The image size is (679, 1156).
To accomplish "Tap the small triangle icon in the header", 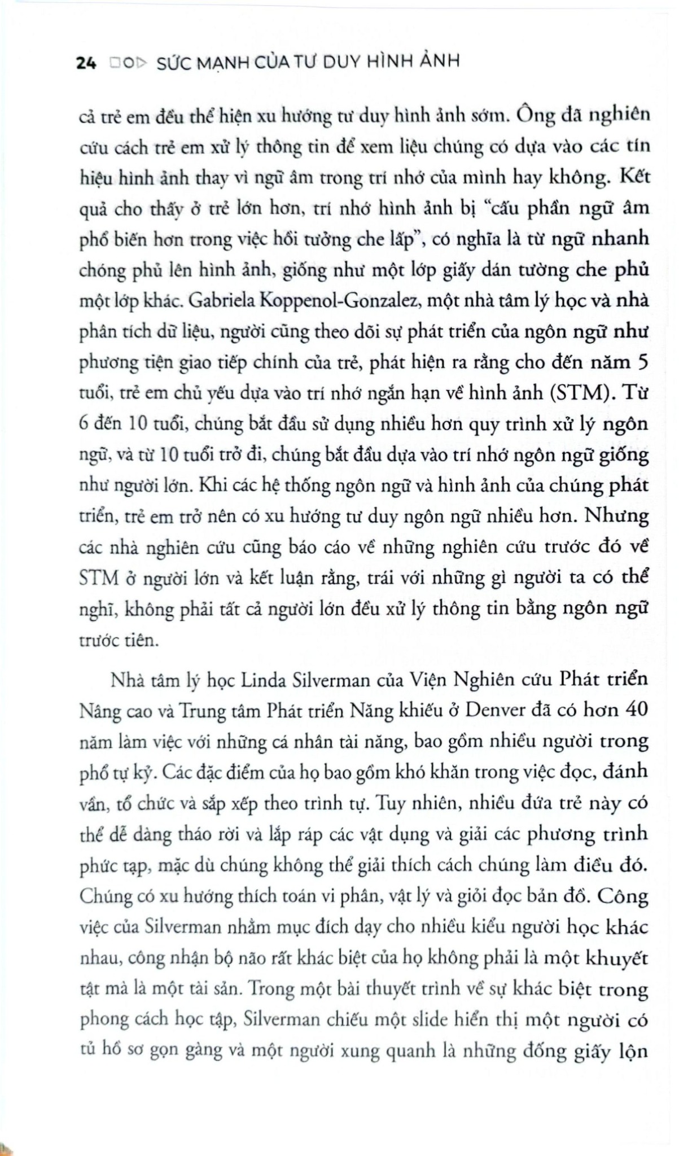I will point(141,63).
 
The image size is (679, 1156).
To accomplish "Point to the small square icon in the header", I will point(115,63).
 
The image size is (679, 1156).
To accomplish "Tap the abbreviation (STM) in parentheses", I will point(582,393).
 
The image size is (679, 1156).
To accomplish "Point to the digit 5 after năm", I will point(642,362).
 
